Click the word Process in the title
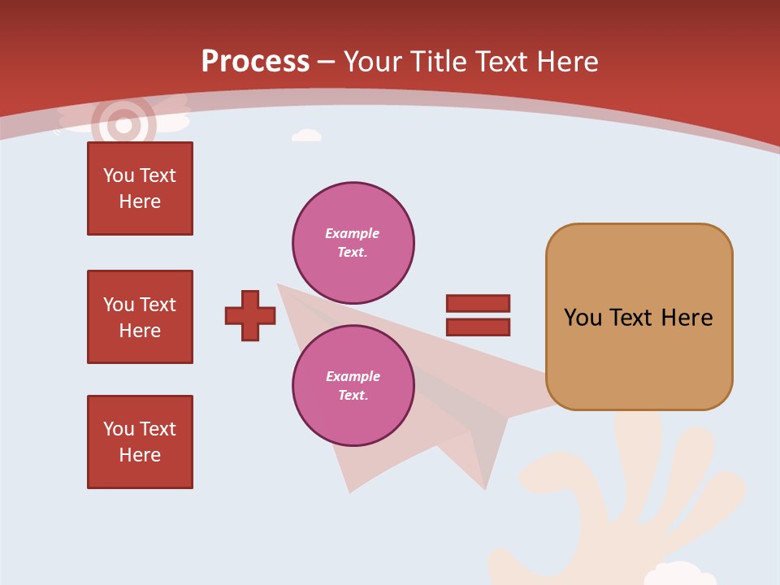pos(255,62)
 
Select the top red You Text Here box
pos(140,188)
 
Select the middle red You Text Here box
pos(140,317)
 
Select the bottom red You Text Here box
pos(140,442)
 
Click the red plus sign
pos(250,315)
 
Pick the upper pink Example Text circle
pos(353,242)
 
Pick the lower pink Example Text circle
pos(353,385)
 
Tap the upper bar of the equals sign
pos(478,304)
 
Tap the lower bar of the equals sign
pos(478,327)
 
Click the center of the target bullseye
pos(123,125)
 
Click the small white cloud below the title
pos(306,135)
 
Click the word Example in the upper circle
pos(353,233)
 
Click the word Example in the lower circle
pos(353,376)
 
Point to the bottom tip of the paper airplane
pos(350,492)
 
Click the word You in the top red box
pos(119,175)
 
